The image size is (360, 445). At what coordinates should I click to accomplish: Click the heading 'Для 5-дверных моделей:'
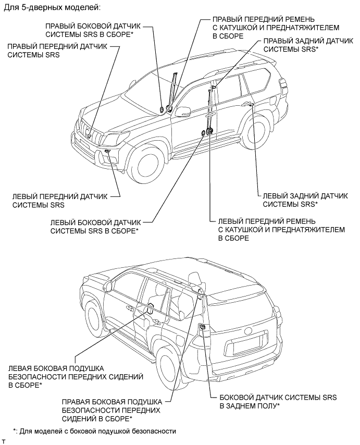tap(52, 9)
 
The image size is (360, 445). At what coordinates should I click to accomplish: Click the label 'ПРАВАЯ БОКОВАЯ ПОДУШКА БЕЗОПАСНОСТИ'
tap(111, 410)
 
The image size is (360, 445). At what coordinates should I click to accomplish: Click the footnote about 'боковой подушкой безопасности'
tap(95, 431)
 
